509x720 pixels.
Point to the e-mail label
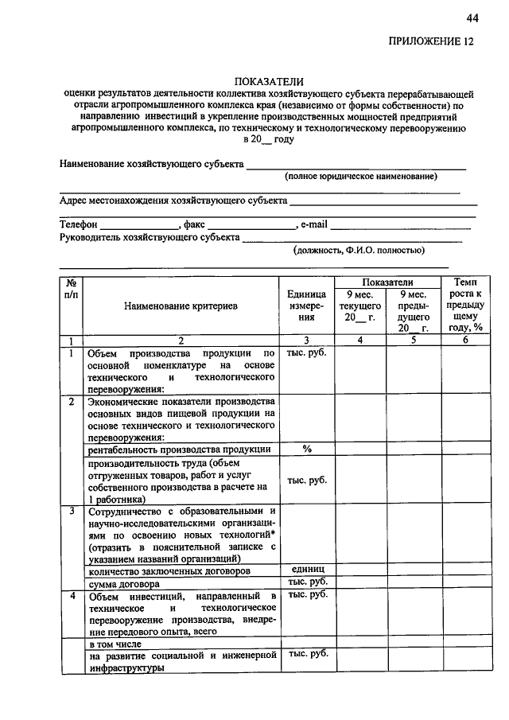(314, 225)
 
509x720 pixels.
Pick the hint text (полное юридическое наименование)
(362, 175)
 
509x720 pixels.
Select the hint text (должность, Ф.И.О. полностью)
(359, 250)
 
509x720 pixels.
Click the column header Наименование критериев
(181, 306)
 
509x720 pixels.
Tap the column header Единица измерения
(306, 306)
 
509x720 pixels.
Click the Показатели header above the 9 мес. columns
(387, 282)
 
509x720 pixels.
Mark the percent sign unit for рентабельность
(306, 449)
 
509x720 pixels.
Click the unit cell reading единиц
(306, 570)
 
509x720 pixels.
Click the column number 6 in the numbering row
(465, 341)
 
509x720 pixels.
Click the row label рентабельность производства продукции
(180, 450)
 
